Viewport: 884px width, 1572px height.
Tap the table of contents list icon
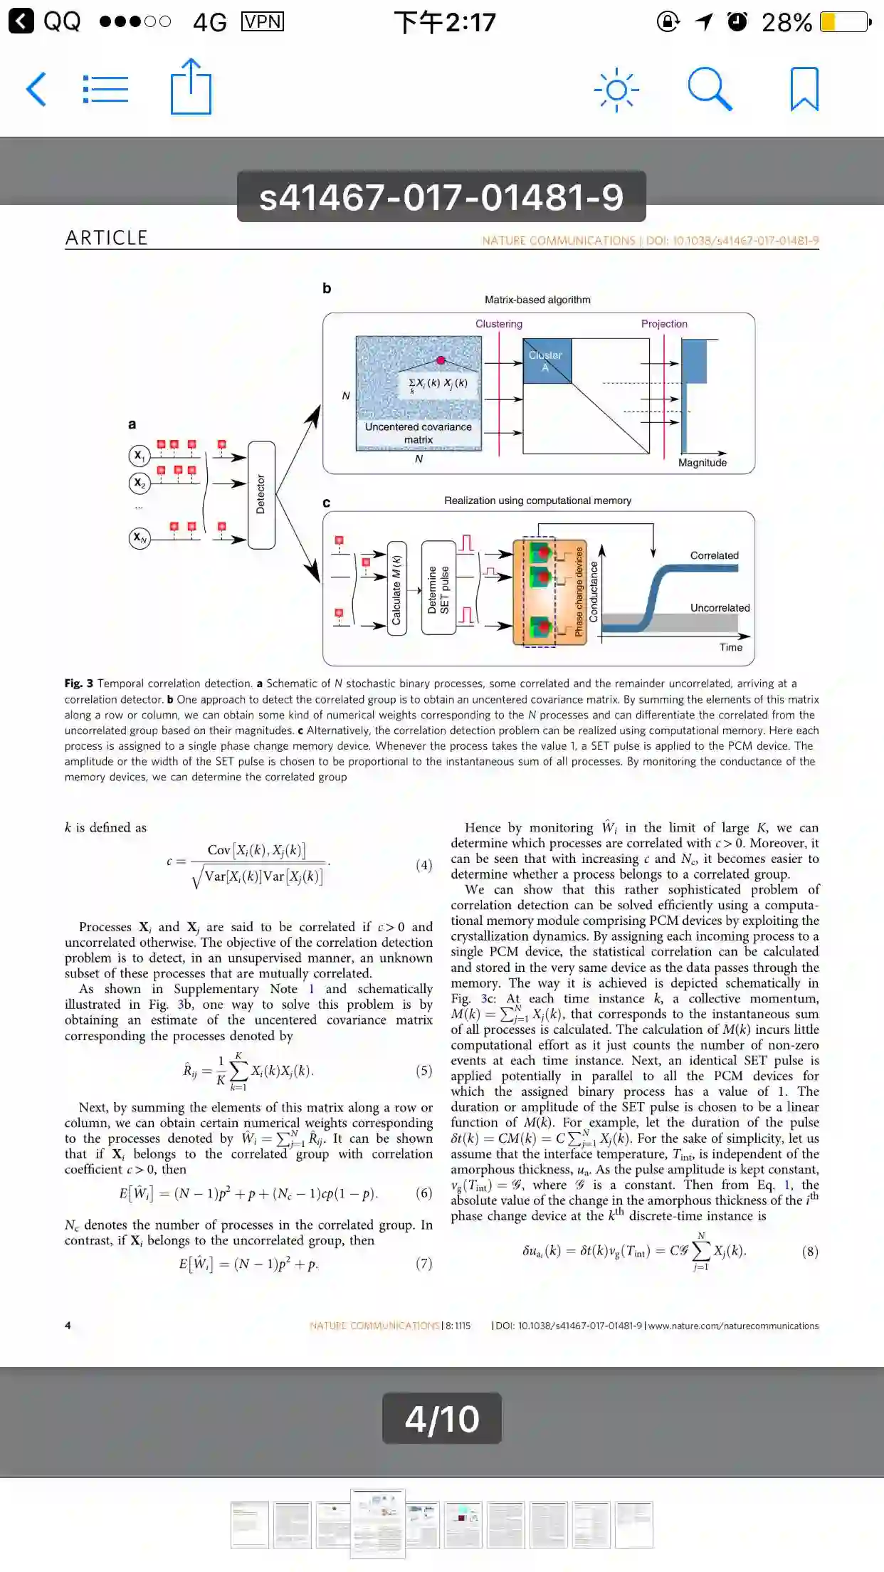[x=105, y=90]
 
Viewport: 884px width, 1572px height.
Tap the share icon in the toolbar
[x=191, y=87]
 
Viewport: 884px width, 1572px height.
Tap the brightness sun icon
[x=616, y=90]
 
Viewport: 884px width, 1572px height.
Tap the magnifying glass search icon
[x=710, y=90]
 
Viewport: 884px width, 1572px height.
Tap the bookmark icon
[x=804, y=90]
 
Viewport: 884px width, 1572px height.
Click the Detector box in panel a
[x=261, y=495]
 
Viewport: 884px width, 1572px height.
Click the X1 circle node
[x=140, y=456]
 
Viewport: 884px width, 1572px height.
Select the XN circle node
[x=140, y=538]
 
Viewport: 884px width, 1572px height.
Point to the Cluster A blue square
[x=547, y=361]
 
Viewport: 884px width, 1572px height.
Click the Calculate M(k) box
[x=396, y=589]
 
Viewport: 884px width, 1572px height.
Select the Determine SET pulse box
[x=438, y=589]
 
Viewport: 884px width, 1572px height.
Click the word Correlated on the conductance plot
[x=714, y=555]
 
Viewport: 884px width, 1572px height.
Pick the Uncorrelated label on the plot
[x=720, y=607]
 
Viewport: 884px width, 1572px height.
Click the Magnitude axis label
[x=703, y=463]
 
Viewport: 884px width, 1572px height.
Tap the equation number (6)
[x=423, y=1193]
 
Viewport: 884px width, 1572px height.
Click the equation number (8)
[x=809, y=1252]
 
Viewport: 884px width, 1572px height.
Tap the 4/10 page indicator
[x=442, y=1418]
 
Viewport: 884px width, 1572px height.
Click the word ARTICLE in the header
[x=107, y=238]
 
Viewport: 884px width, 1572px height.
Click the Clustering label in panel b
[x=499, y=324]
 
